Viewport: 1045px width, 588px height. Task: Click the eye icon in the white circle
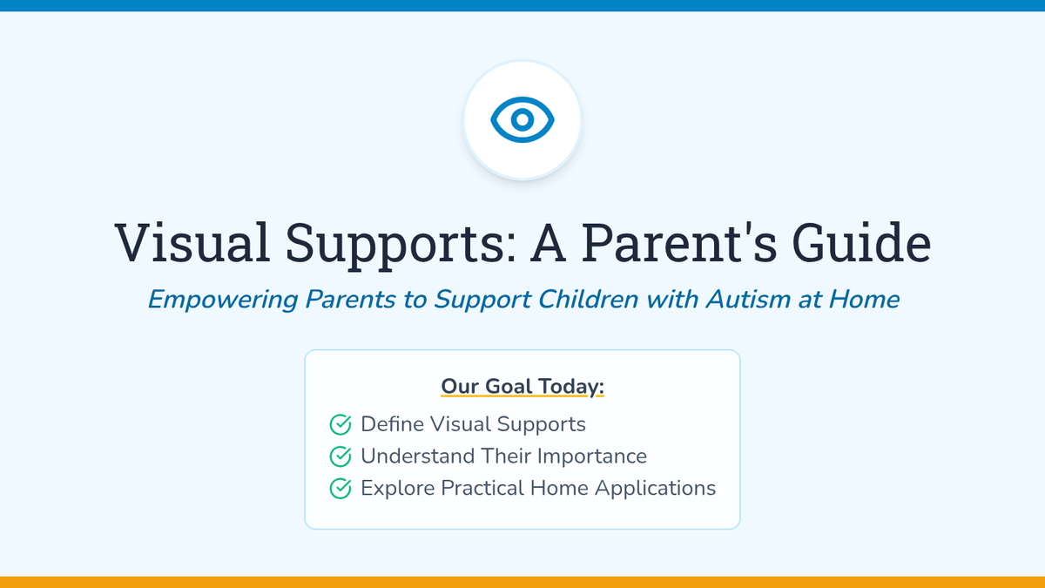(522, 119)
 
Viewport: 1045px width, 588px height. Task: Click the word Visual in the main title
(192, 243)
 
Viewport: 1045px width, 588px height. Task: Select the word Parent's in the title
(678, 243)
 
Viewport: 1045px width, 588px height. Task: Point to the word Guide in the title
(861, 243)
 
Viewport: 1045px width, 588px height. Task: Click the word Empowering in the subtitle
(223, 300)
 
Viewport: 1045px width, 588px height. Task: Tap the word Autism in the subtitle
(748, 299)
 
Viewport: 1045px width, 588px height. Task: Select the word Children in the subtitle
(588, 299)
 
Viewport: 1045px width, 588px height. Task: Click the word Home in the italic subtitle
(864, 299)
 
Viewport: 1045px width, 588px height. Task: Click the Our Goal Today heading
(522, 387)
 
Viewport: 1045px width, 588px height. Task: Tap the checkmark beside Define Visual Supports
(340, 425)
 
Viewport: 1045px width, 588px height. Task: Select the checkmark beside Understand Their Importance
(340, 456)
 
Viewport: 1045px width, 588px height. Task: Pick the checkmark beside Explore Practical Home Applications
(340, 489)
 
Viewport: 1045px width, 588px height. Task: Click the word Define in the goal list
(392, 424)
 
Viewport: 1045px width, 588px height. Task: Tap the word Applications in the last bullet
(655, 489)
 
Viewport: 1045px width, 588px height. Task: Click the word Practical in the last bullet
(482, 488)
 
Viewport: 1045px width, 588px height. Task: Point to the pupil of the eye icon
(522, 119)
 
